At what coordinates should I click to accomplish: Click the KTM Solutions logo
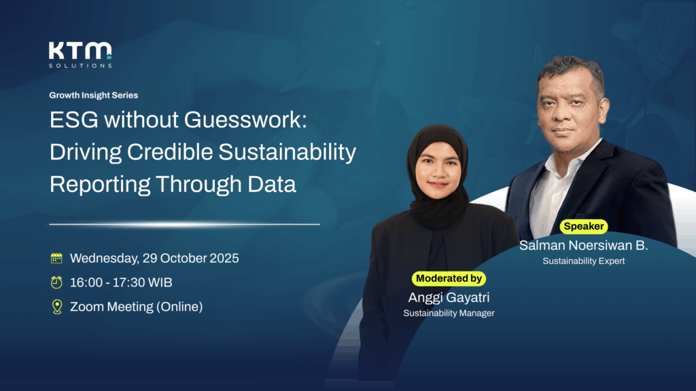click(x=80, y=55)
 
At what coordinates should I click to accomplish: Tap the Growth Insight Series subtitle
click(x=94, y=95)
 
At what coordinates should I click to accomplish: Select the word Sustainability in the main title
click(x=288, y=152)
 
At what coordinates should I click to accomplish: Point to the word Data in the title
click(x=272, y=184)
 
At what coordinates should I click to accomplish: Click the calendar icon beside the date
click(x=56, y=258)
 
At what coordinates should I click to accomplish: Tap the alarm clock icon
click(x=56, y=282)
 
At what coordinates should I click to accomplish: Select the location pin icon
click(x=57, y=306)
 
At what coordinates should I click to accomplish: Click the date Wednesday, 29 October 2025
click(x=154, y=258)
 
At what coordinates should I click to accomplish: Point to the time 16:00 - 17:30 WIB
click(x=121, y=282)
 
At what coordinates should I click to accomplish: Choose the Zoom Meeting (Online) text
click(x=136, y=306)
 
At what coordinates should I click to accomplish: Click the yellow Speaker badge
click(x=584, y=226)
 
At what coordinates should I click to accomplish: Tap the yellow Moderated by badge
click(x=449, y=278)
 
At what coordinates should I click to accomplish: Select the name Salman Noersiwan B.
click(x=584, y=245)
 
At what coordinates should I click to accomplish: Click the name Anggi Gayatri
click(x=449, y=297)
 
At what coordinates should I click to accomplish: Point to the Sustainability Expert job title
click(x=584, y=261)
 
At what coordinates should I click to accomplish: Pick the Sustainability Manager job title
click(x=449, y=313)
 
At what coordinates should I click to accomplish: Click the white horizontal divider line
click(x=184, y=224)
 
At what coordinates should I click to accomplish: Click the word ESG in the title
click(x=73, y=119)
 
